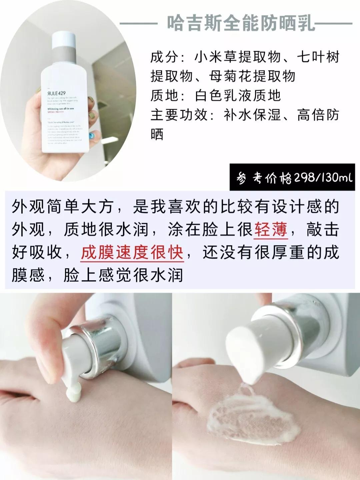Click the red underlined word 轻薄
pyautogui.click(x=271, y=230)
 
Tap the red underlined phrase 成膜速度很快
pyautogui.click(x=132, y=252)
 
